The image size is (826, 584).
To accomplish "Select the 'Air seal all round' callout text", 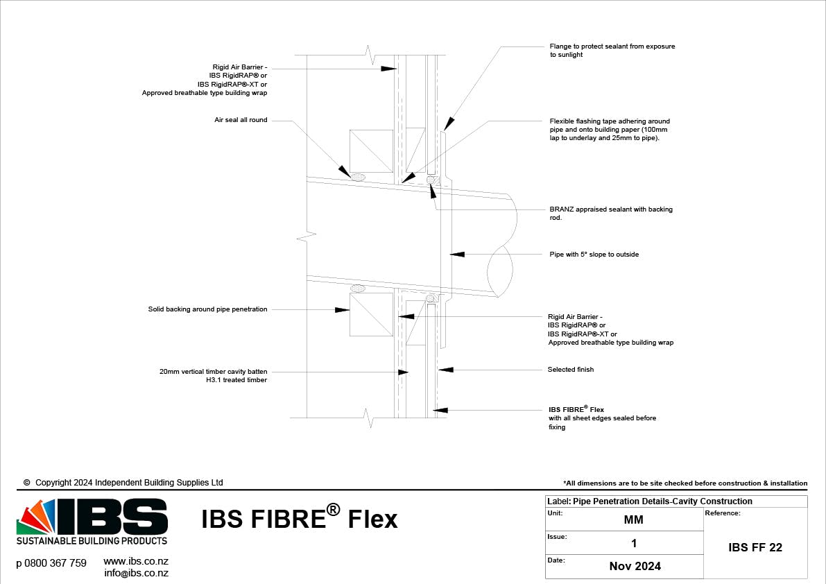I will click(x=241, y=120).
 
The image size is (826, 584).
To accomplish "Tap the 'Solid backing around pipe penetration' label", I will click(x=207, y=309).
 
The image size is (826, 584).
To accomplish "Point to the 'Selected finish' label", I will click(x=570, y=370).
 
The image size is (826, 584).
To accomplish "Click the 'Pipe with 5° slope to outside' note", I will click(x=594, y=255).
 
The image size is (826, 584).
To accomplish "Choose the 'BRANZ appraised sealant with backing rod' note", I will click(x=610, y=213).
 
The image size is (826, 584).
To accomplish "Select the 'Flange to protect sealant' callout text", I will click(x=612, y=51).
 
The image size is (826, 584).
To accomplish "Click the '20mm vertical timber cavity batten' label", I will click(x=213, y=376).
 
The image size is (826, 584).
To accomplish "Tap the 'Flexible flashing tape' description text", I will click(x=610, y=130).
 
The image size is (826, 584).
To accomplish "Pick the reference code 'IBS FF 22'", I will click(x=755, y=547).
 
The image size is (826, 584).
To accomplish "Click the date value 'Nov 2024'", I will click(x=635, y=566).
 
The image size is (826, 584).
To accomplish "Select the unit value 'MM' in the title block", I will click(x=633, y=519).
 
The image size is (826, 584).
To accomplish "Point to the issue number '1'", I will click(x=633, y=543).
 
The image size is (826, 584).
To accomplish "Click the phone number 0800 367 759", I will click(x=51, y=563).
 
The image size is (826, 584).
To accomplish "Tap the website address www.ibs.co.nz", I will click(x=136, y=561).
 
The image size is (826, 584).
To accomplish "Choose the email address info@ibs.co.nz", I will click(x=136, y=573).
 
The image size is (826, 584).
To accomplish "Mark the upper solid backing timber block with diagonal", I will click(x=371, y=151).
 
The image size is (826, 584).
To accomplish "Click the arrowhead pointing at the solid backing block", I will click(x=342, y=310).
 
